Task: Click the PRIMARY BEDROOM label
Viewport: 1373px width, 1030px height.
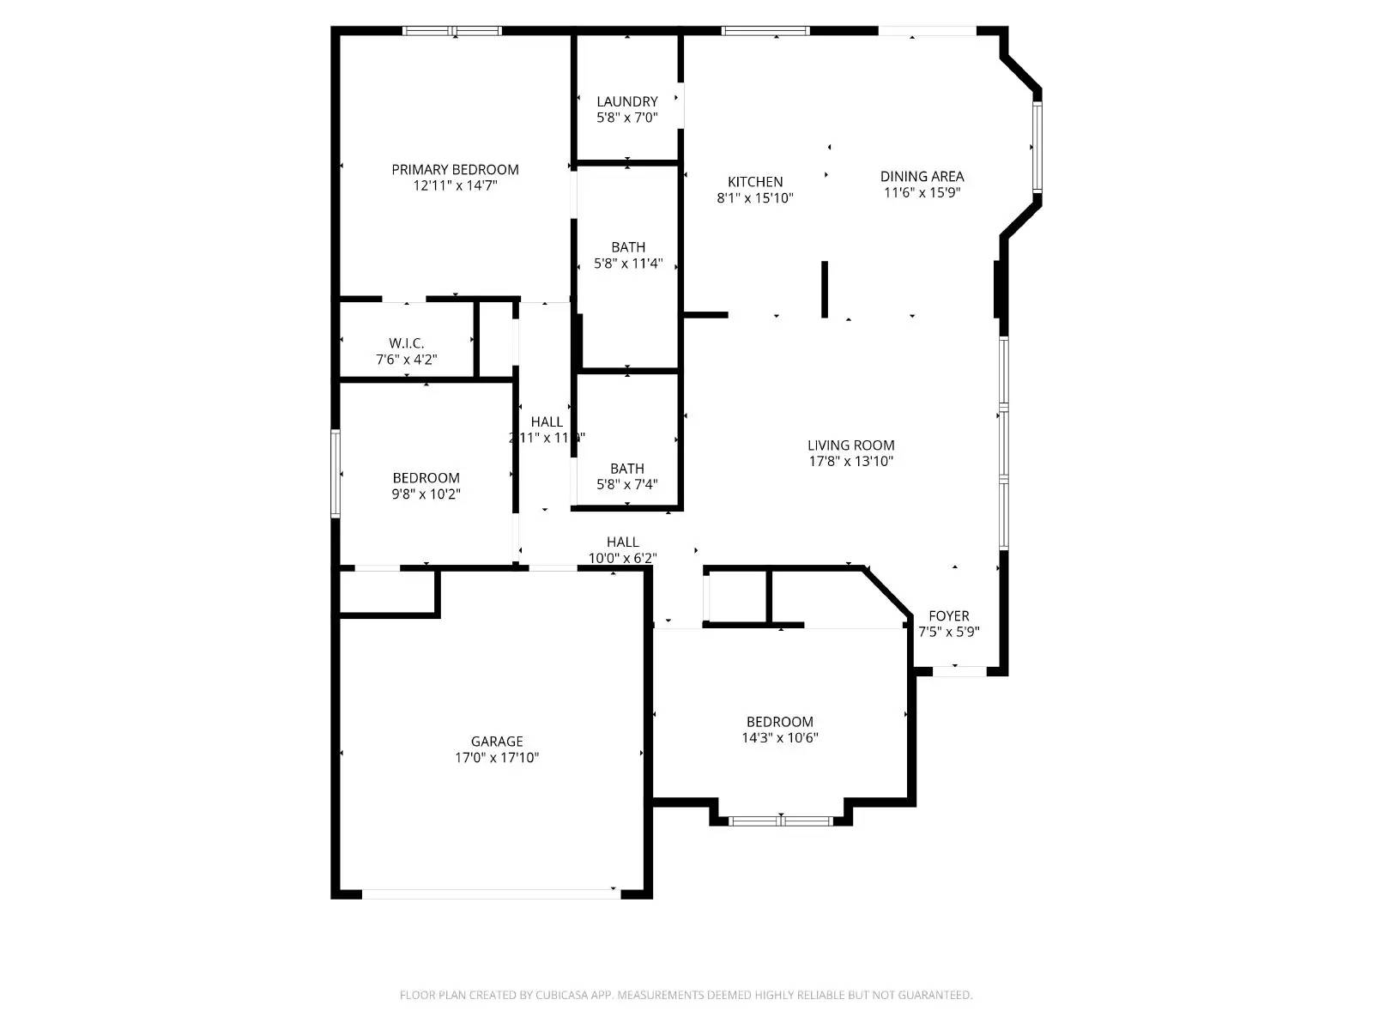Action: (x=455, y=170)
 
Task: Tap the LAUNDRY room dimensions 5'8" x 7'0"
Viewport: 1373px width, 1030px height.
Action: (x=627, y=118)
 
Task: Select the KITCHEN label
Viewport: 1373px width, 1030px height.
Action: (x=755, y=182)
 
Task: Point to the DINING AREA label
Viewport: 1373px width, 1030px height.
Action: (x=922, y=177)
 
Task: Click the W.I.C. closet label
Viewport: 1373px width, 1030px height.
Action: (x=406, y=343)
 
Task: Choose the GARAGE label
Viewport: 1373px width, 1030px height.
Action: (x=496, y=742)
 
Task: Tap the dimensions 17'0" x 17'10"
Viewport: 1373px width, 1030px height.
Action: (x=497, y=758)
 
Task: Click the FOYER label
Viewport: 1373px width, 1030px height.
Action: (x=948, y=616)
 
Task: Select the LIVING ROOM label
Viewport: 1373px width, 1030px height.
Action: (x=850, y=445)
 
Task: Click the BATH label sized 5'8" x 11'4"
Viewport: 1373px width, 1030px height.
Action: (x=628, y=247)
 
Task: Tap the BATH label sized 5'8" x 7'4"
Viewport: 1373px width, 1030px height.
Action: (x=627, y=469)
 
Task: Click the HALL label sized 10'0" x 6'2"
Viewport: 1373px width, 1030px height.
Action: (x=622, y=542)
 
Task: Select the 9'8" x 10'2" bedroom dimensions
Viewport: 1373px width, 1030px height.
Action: (x=426, y=494)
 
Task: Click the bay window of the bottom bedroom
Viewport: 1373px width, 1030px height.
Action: (x=780, y=821)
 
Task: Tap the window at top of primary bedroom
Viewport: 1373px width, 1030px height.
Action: (x=452, y=32)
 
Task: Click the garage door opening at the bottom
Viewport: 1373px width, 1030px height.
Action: (x=491, y=894)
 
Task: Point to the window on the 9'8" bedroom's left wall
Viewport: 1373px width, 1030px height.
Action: (x=336, y=474)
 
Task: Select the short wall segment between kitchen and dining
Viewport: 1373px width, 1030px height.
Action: (x=825, y=289)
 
